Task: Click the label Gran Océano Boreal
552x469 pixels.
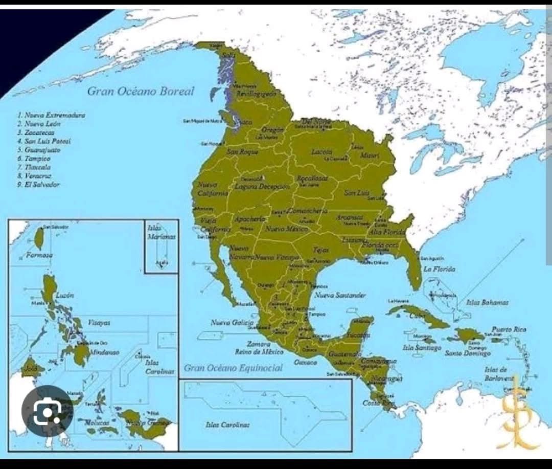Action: pos(141,92)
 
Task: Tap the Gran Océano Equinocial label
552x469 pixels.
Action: pos(233,368)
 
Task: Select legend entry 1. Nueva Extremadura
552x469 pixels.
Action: pos(51,115)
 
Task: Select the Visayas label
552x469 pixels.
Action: pos(99,323)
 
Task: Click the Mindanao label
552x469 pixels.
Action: pos(104,352)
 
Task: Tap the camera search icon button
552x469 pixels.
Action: pos(47,411)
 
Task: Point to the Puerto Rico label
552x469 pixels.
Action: pos(509,329)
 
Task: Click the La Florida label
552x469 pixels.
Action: pos(439,269)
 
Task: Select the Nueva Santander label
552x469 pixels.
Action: pos(340,295)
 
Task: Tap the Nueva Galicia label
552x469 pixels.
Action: pos(232,323)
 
